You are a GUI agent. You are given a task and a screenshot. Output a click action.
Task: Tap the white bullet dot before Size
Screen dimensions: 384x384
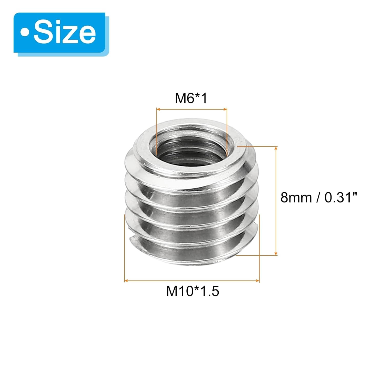[x=25, y=33]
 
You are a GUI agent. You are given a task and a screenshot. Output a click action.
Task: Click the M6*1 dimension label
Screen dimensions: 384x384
[x=191, y=98]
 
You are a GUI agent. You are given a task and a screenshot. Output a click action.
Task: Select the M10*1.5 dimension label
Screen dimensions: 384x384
[x=193, y=291]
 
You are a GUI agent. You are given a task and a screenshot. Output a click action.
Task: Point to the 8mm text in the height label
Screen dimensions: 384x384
[x=296, y=198]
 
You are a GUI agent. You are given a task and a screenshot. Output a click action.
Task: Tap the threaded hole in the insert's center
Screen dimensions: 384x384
[x=191, y=151]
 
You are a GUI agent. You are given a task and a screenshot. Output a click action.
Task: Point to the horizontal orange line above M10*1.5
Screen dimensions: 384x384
[x=192, y=281]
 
